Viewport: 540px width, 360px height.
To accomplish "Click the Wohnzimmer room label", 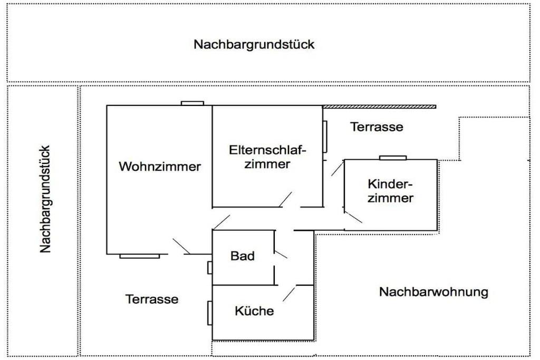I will pos(160,167).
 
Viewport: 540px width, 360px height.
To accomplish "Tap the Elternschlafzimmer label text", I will pos(268,157).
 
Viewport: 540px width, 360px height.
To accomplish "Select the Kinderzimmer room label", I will pos(390,191).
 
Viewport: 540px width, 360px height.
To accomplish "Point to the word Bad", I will pos(243,256).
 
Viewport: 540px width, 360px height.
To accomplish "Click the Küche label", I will pos(254,311).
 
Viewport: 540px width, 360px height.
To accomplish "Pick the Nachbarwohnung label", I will pos(433,291).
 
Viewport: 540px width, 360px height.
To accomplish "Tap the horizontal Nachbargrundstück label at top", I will pos(254,44).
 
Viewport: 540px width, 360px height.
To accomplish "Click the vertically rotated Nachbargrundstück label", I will pos(46,199).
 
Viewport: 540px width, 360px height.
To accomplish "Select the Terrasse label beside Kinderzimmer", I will pos(377,127).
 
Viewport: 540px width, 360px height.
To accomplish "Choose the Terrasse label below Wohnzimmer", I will pos(152,299).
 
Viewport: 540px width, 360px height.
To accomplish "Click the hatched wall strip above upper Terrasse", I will pos(379,106).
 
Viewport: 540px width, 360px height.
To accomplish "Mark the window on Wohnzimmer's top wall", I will pos(192,103).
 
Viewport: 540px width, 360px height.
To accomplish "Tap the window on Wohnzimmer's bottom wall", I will pos(139,256).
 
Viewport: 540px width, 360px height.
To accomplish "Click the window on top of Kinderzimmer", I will pos(393,157).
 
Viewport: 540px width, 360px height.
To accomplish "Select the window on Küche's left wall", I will pos(210,313).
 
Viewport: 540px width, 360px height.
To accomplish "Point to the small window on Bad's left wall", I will pos(210,268).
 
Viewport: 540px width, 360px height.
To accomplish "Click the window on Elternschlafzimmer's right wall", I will pos(325,137).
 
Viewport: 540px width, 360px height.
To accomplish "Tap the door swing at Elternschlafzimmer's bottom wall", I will pos(285,199).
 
